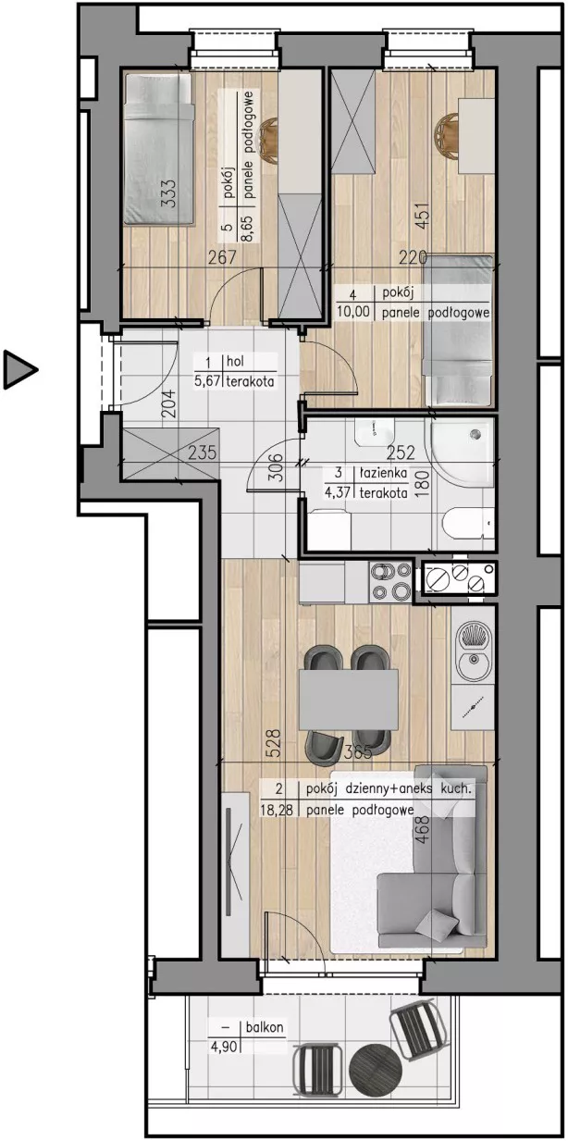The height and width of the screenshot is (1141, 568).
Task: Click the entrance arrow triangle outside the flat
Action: tap(18, 369)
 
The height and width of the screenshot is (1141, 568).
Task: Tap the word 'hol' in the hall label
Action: tap(235, 361)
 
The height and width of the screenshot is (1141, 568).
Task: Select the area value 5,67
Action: tap(206, 381)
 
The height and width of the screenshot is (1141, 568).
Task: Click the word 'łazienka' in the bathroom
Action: tap(383, 473)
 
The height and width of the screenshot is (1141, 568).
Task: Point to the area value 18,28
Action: tap(277, 810)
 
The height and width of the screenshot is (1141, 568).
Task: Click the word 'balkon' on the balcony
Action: tap(265, 1027)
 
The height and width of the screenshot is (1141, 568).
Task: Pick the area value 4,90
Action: tap(223, 1048)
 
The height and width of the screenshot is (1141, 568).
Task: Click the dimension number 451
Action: tap(424, 217)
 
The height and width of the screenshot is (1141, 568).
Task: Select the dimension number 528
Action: tap(273, 744)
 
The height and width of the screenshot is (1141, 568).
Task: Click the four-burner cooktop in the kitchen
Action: tap(390, 581)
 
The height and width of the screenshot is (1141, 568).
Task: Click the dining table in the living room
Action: tap(349, 700)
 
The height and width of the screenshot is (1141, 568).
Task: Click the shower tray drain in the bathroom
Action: tap(475, 434)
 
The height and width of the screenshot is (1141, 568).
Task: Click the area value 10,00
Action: tap(352, 311)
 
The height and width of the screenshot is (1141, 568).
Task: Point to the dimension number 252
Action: tap(401, 453)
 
